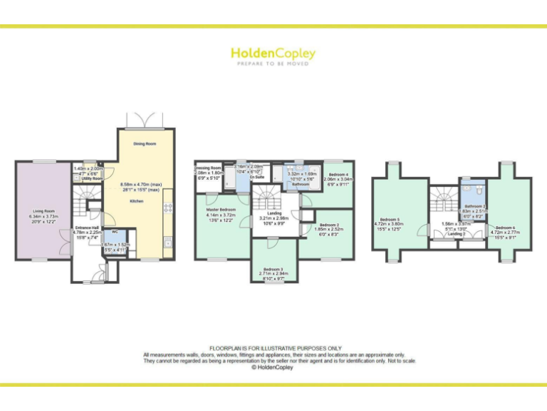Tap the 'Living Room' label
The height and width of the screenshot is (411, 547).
click(x=44, y=211)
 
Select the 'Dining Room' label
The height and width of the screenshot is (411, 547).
click(x=145, y=144)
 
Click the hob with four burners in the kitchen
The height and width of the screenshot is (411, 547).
click(x=168, y=208)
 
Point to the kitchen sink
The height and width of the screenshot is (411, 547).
click(x=168, y=243)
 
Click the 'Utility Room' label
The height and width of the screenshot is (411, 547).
click(x=89, y=178)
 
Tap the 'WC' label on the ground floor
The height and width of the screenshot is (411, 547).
click(x=114, y=232)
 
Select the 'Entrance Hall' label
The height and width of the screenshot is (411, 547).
click(x=87, y=228)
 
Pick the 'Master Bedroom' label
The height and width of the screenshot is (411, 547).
click(x=222, y=210)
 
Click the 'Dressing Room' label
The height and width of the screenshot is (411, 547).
click(x=209, y=168)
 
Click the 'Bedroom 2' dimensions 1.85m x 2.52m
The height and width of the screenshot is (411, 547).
click(x=331, y=230)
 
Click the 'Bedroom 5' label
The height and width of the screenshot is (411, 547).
click(x=390, y=219)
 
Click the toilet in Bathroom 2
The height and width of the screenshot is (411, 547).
click(x=478, y=191)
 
